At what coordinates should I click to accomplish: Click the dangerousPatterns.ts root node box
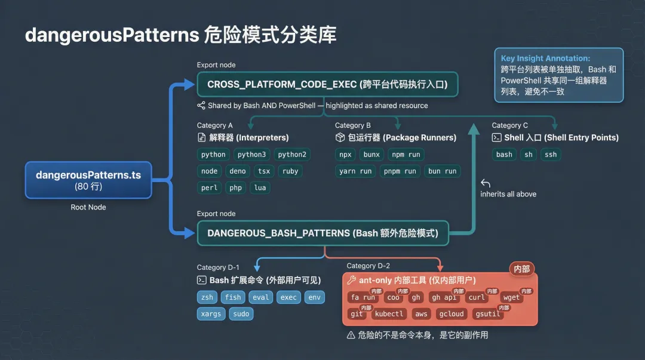[x=88, y=180]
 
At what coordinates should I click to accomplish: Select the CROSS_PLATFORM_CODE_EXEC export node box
[x=327, y=84]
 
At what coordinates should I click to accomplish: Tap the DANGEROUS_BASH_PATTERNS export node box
[x=322, y=233]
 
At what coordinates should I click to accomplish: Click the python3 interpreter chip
[x=251, y=154]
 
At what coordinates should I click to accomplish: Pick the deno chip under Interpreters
[x=237, y=171]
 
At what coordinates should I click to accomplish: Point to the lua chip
[x=260, y=187]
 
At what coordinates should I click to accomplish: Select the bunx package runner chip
[x=371, y=154]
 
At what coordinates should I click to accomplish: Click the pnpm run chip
[x=400, y=171]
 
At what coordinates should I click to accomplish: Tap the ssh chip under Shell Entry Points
[x=550, y=154]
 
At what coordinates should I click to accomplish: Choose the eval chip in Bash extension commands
[x=260, y=297]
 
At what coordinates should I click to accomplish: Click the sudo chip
[x=241, y=313]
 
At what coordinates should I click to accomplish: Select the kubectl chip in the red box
[x=389, y=313]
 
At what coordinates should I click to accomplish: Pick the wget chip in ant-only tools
[x=511, y=297]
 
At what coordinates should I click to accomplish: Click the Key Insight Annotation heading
[x=545, y=59]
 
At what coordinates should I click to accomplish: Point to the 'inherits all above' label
[x=508, y=194]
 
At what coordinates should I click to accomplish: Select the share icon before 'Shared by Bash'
[x=201, y=106]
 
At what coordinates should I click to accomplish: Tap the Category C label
[x=509, y=125]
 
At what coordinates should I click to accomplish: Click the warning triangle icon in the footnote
[x=351, y=335]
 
